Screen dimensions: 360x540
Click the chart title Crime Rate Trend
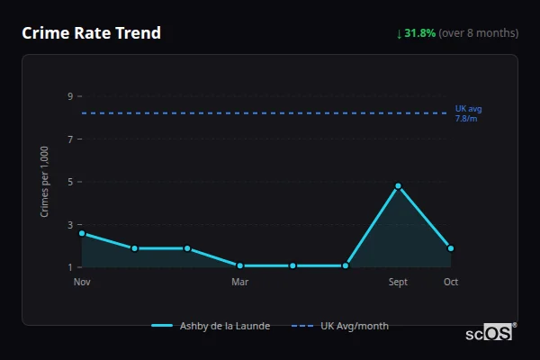91,33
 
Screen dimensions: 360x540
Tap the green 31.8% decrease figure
419,33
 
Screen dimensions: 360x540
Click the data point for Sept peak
398,186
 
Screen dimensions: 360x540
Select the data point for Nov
82,233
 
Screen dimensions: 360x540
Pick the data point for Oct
451,248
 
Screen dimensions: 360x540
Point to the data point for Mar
240,265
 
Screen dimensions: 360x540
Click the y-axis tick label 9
69,96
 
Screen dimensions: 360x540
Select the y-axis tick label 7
69,139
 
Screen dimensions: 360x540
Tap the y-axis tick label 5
69,182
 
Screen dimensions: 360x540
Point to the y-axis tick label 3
69,225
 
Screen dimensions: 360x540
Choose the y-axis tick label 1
69,267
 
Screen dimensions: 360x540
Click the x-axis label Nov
82,283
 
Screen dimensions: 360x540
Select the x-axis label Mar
240,283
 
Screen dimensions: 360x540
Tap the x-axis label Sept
398,283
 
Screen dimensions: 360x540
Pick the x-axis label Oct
451,283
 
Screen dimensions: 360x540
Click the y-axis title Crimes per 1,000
45,182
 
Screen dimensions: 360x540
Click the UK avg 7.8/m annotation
468,113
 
